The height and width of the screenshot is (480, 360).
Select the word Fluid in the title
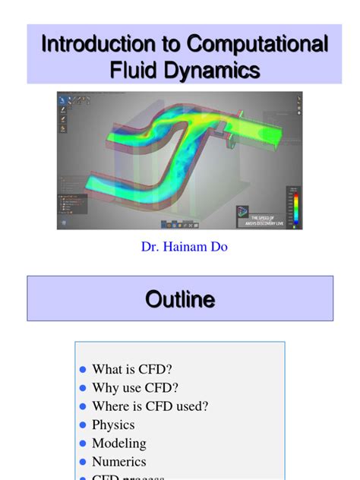(x=135, y=71)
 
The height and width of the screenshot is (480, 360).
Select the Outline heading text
(x=180, y=299)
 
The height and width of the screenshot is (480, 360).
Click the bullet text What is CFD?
(x=132, y=370)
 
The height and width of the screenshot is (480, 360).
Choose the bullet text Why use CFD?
(x=135, y=388)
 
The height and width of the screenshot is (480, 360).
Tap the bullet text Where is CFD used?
(x=150, y=406)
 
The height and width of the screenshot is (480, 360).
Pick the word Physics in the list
(x=113, y=425)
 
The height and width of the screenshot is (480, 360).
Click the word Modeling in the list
(x=119, y=443)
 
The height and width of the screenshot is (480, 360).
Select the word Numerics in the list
(x=119, y=461)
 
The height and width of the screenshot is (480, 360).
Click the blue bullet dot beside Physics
(x=84, y=425)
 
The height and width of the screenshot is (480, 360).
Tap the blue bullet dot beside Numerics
(x=84, y=462)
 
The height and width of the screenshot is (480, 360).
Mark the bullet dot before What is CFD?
(x=84, y=371)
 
